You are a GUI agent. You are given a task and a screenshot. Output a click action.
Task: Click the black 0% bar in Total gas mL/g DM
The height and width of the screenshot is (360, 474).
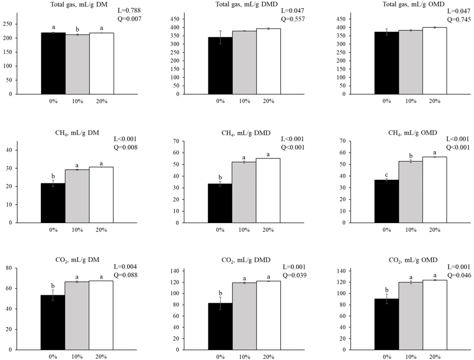53,64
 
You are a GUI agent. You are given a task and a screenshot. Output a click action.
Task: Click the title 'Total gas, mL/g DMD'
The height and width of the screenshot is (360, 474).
246,4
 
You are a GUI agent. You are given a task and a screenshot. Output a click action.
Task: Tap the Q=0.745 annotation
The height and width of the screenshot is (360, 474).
459,19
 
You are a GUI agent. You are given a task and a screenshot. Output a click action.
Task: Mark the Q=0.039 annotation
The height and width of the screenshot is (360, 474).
294,275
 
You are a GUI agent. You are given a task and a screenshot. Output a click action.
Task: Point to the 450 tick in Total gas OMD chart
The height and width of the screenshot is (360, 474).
341,19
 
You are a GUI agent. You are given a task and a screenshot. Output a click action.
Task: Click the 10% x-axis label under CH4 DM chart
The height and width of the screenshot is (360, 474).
77,230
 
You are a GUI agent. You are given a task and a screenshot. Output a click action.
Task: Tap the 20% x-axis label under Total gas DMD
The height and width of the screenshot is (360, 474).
268,101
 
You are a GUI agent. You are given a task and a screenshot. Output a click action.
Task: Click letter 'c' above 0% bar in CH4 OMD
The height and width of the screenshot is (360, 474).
386,175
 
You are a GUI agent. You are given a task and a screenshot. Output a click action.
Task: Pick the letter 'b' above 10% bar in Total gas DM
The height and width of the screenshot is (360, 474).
77,30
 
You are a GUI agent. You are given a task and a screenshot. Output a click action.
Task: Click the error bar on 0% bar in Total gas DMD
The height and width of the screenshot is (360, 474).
220,37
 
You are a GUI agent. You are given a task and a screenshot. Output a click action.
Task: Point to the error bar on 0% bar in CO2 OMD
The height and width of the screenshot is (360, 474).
387,299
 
